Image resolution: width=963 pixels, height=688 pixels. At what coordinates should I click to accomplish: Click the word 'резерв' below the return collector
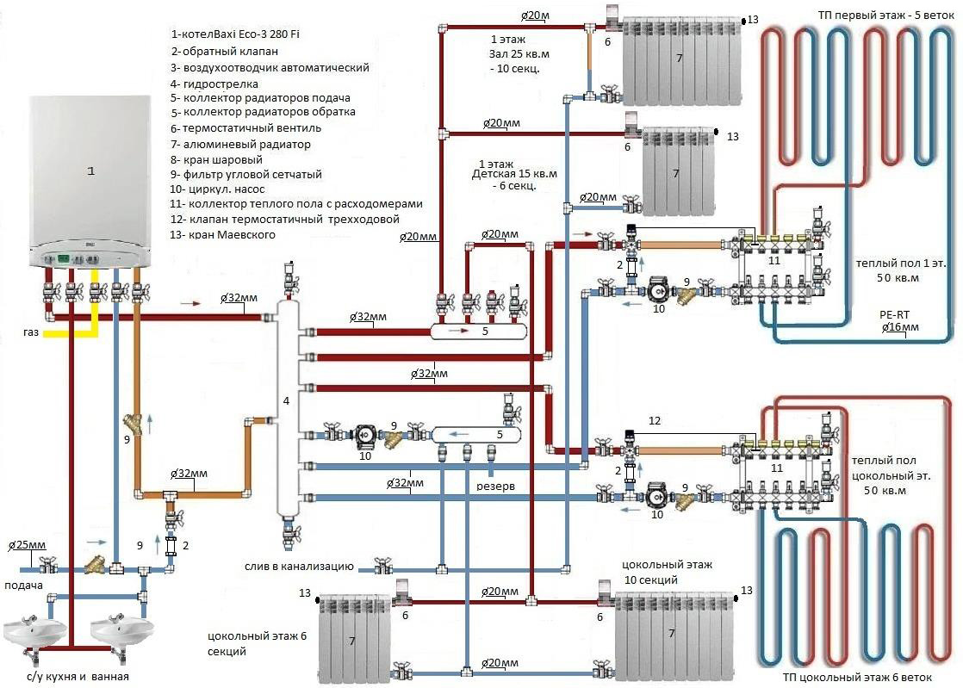click(x=496, y=487)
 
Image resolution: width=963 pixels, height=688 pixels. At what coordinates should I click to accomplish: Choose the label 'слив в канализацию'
click(x=299, y=566)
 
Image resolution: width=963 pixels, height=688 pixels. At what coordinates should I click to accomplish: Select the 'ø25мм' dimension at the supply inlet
click(x=26, y=545)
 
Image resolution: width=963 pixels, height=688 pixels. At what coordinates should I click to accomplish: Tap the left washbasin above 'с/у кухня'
click(x=34, y=633)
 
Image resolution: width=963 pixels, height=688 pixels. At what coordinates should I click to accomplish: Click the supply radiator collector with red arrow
click(x=478, y=330)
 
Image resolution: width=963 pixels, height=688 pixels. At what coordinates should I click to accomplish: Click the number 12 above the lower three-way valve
click(x=654, y=421)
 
